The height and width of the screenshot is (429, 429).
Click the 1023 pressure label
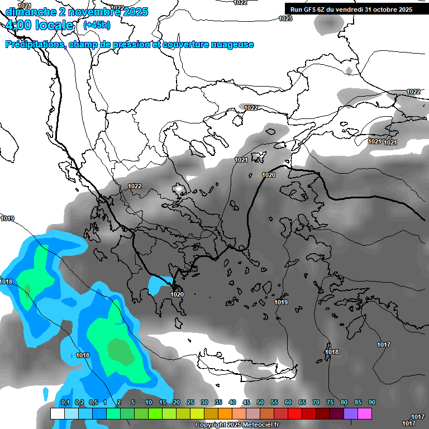coord(285,18)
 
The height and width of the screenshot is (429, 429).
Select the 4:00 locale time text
coord(40,25)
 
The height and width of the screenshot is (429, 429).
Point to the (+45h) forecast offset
coord(97,25)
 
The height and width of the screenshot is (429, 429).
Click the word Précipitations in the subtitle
coord(35,45)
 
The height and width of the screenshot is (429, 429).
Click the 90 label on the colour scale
coord(371,402)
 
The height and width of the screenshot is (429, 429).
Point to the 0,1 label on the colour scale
coord(65,402)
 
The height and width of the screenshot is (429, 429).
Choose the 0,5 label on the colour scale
coord(93,402)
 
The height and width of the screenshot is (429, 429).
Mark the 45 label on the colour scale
coord(246,402)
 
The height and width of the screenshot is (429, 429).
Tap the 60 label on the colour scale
coord(288,402)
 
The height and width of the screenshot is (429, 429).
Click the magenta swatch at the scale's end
coord(365,413)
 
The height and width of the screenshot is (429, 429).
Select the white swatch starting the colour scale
coord(57,413)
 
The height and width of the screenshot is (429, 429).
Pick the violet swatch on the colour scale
coord(351,413)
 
